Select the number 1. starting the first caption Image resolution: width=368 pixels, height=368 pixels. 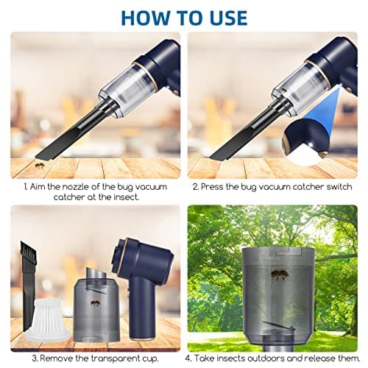pos(26,187)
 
